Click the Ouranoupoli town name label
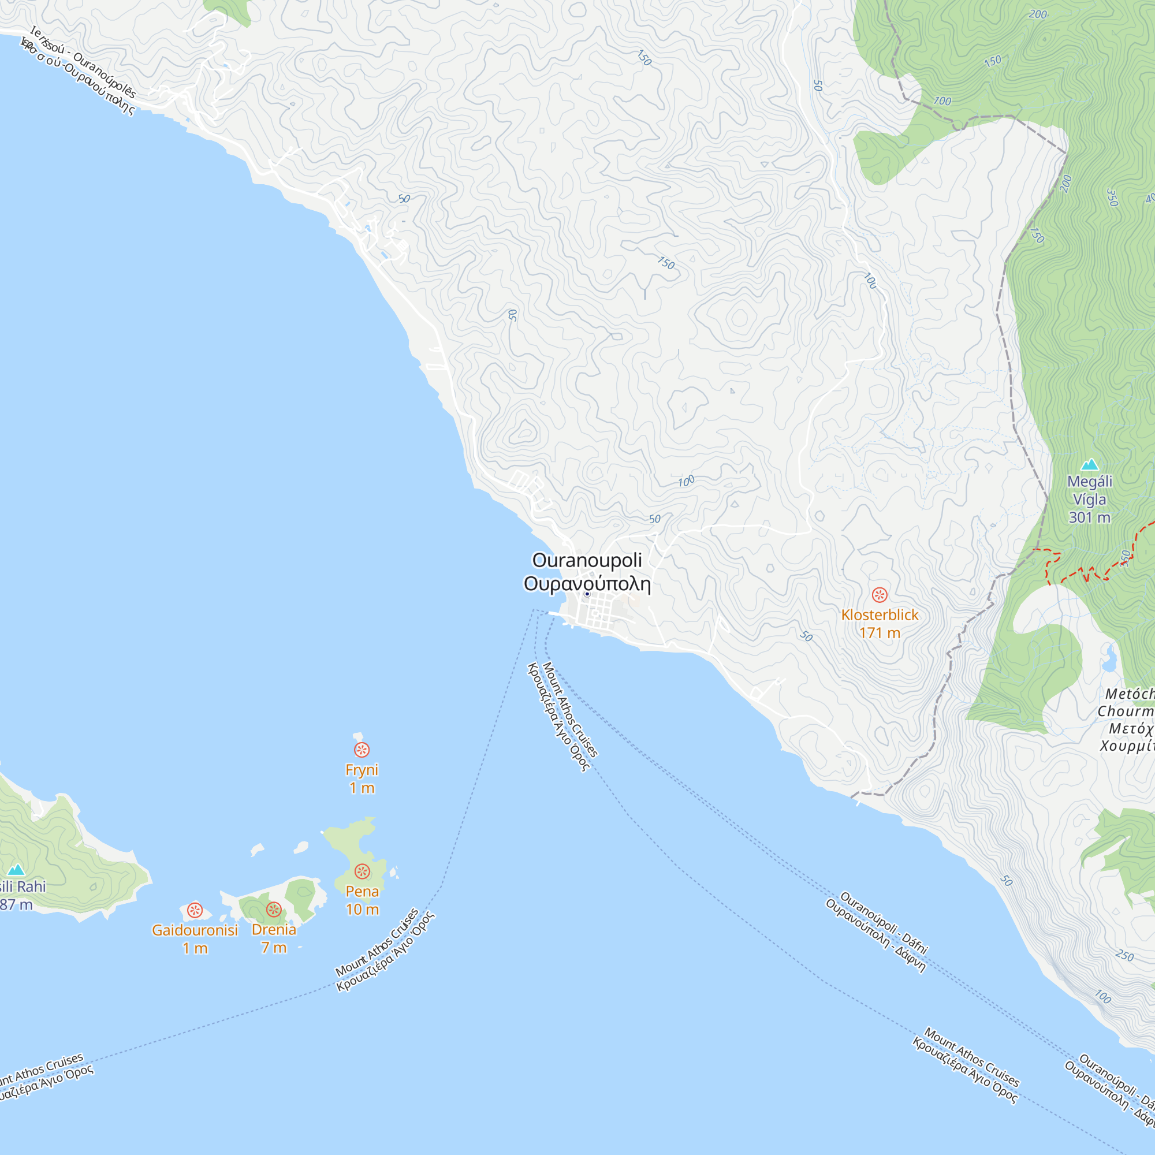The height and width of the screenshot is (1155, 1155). coord(587,560)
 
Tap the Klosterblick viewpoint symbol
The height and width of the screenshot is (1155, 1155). coord(880,595)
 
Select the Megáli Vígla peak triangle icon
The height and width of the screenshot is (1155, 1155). coord(1090,464)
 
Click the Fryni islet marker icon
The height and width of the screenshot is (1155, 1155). coord(362,750)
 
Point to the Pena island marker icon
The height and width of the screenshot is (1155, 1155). coord(362,871)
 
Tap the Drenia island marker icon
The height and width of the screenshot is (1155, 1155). coord(274,910)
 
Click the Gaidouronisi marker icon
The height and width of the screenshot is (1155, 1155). coord(195,911)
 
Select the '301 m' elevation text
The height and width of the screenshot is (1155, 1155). coord(1089,517)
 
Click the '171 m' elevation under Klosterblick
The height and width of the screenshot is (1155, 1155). coord(880,633)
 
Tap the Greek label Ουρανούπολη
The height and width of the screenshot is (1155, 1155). coord(587,584)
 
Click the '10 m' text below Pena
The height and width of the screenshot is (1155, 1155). coord(362,910)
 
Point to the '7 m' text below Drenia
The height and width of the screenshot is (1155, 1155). coord(274,948)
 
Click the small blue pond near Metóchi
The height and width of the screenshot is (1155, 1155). coord(1109,659)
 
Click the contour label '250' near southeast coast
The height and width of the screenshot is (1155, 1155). coord(1124,955)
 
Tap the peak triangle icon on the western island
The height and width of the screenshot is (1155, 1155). coord(16,870)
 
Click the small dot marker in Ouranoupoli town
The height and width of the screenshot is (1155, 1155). coord(587,594)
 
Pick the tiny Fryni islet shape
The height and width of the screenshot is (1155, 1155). coord(358,736)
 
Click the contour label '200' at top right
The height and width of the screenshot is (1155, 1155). coord(1038,14)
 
